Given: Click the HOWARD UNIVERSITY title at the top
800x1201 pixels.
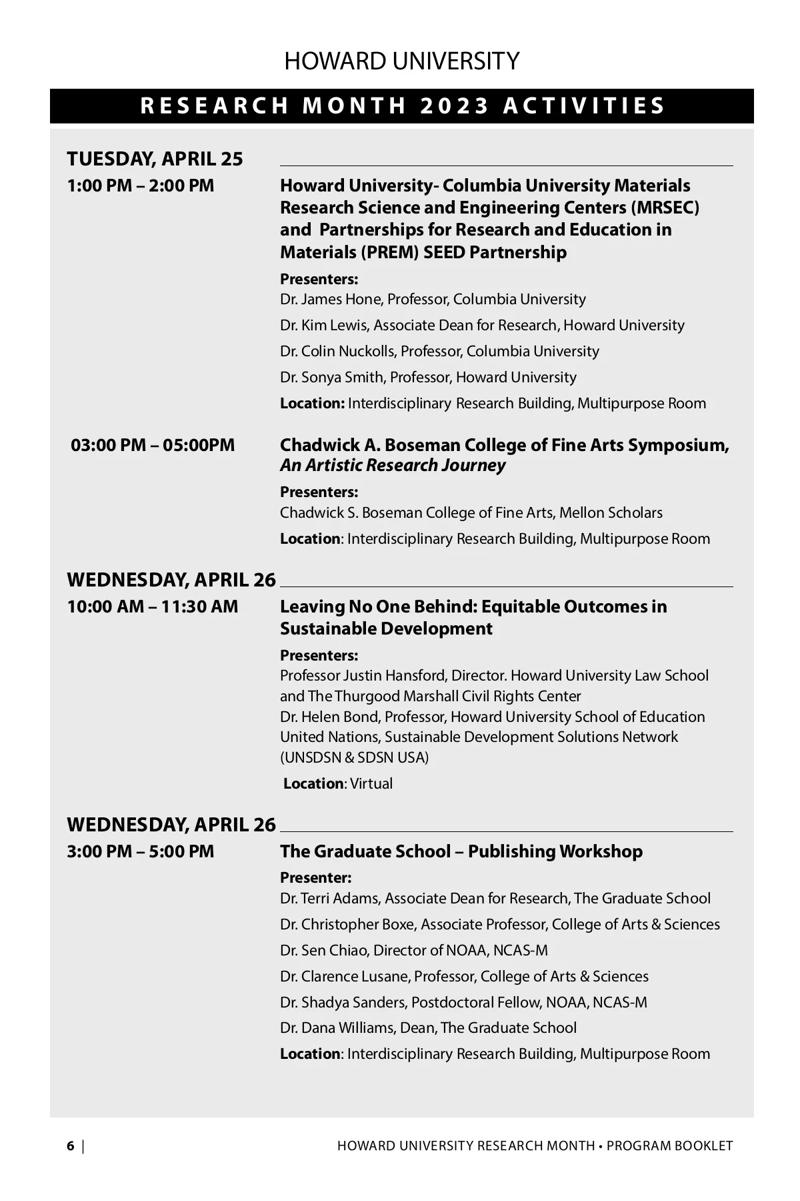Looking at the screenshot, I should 401,61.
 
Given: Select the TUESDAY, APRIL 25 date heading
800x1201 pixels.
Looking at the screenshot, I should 155,159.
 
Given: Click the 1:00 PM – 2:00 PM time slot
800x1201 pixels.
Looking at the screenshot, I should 141,185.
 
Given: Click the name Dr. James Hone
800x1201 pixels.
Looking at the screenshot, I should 330,300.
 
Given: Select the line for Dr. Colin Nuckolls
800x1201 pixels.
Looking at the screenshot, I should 439,352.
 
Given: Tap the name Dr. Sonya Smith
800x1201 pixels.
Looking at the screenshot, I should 332,378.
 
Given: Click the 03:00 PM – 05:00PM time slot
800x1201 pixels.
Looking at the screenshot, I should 153,445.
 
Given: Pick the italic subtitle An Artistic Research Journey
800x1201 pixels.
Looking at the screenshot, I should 393,466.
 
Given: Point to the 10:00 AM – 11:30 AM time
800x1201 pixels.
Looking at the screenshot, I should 152,607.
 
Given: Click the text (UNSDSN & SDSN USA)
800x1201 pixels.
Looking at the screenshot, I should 354,758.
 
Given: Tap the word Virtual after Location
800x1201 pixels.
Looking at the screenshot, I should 371,784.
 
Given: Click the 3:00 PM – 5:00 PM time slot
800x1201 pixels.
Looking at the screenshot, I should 141,851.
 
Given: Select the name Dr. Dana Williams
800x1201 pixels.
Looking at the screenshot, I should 337,1028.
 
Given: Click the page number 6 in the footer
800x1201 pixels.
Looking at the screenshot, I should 71,1146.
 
